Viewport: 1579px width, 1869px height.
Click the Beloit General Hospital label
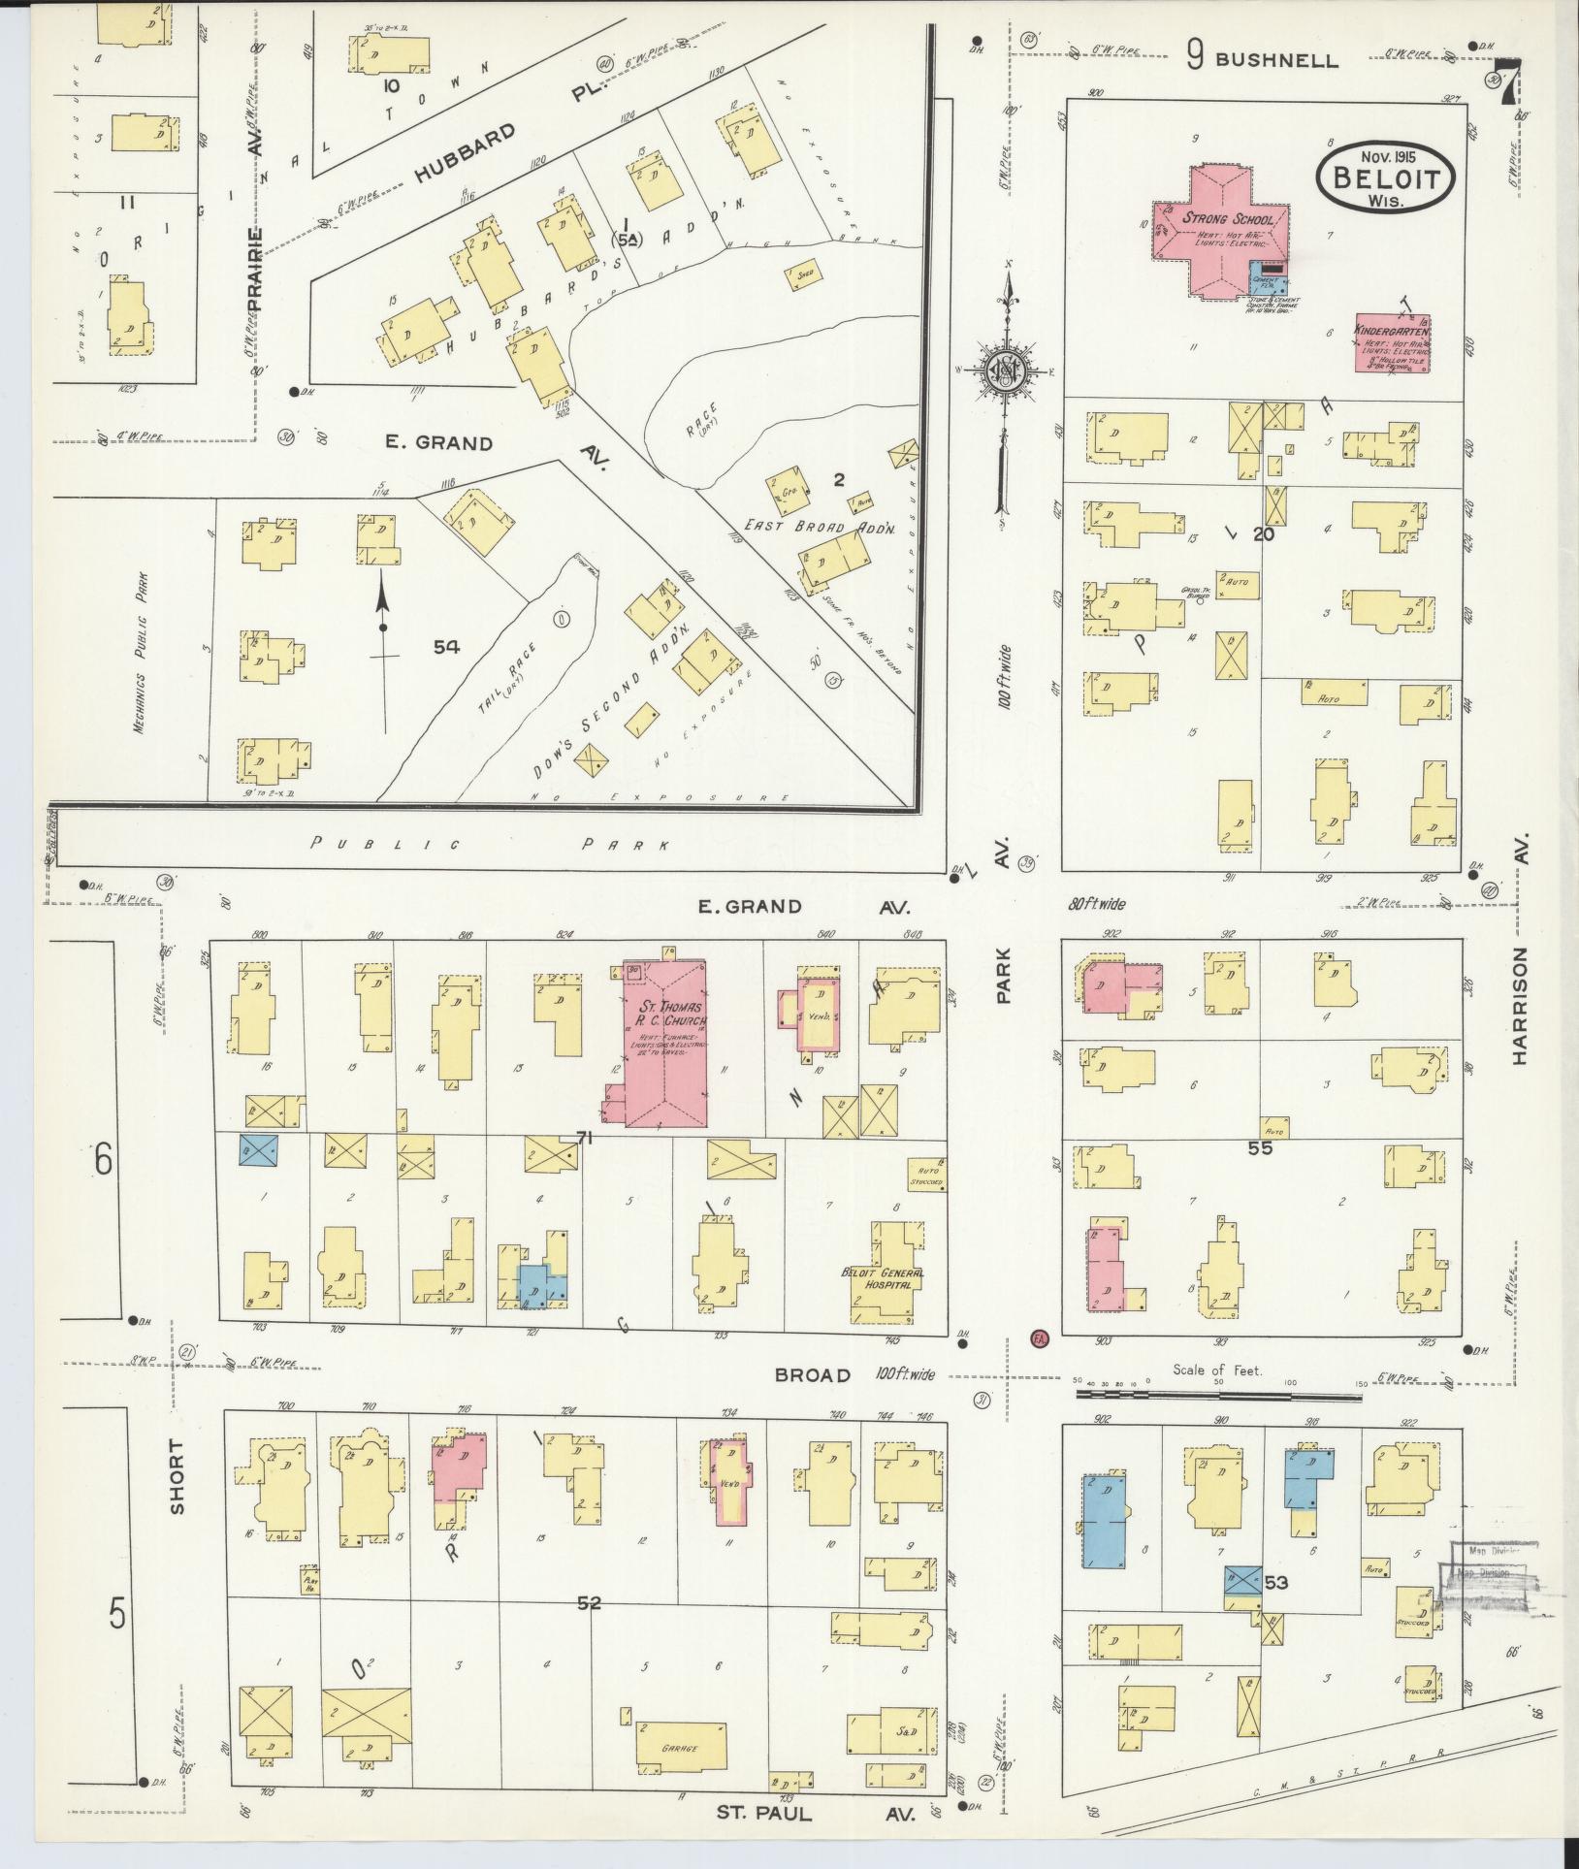point(883,1277)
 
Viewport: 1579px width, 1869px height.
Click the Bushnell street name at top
point(1275,60)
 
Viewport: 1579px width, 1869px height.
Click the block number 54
point(446,647)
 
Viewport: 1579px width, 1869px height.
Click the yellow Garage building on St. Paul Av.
point(681,1748)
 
